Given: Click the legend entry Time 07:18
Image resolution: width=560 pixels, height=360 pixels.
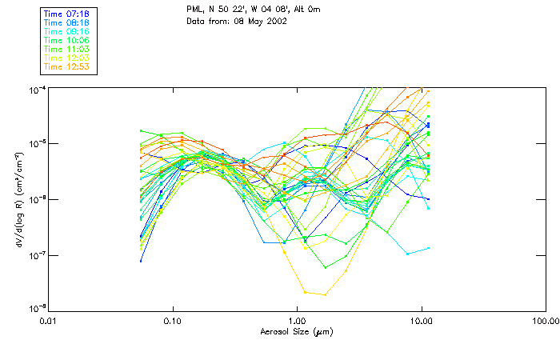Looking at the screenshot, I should pyautogui.click(x=67, y=14).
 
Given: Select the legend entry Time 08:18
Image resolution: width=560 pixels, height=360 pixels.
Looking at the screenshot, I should pyautogui.click(x=67, y=22).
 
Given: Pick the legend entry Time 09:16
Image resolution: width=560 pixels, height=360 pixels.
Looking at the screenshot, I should pyautogui.click(x=67, y=31).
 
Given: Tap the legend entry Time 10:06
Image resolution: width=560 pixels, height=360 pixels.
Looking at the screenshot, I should pyautogui.click(x=67, y=40).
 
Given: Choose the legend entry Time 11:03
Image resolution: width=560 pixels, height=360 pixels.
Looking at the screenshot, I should pyautogui.click(x=67, y=49).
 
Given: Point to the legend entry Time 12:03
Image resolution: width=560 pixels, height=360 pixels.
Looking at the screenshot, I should pyautogui.click(x=67, y=58).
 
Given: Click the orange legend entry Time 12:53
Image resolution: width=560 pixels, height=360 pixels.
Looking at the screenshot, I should pyautogui.click(x=67, y=66).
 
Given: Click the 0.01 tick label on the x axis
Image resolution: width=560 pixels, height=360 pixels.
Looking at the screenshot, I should pyautogui.click(x=49, y=320).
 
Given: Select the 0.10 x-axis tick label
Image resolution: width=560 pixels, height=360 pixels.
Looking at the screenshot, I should pyautogui.click(x=173, y=320).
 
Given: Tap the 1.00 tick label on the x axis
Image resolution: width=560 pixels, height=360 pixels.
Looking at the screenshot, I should pyautogui.click(x=297, y=320).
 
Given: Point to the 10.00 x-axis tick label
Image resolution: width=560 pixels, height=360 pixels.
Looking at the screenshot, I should pyautogui.click(x=421, y=320).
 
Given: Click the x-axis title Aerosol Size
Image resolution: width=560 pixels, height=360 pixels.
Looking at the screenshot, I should pyautogui.click(x=296, y=330).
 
